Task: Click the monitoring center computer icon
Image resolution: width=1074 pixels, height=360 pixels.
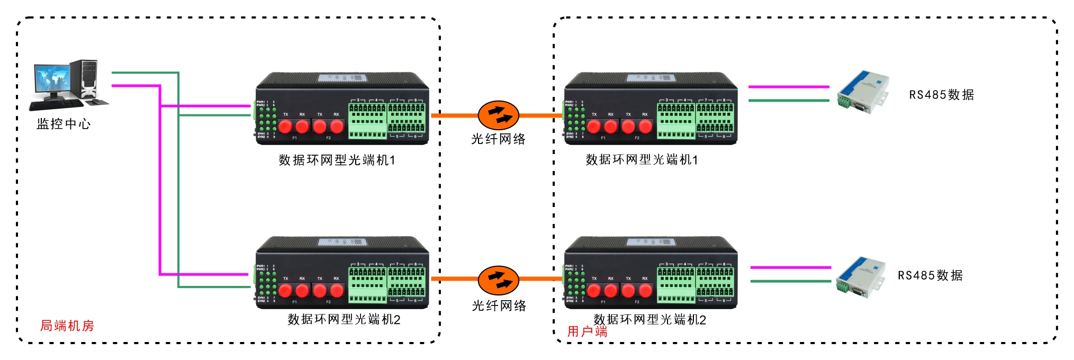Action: click(68, 85)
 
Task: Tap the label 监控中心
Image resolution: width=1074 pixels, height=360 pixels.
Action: click(64, 124)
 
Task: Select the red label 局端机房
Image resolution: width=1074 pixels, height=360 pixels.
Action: click(67, 326)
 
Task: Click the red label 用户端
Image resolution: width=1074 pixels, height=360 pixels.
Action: click(587, 332)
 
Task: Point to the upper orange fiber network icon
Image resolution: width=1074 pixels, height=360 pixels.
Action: click(498, 115)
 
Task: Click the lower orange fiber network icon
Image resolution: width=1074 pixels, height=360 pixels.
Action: click(498, 280)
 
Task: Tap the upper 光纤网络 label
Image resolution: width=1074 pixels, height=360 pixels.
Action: click(498, 139)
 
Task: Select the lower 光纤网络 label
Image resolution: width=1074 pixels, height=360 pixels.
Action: click(499, 305)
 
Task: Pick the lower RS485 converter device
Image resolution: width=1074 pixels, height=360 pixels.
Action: click(860, 276)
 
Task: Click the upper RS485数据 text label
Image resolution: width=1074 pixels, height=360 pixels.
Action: click(941, 95)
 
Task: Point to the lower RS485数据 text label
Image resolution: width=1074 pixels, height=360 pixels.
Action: click(930, 275)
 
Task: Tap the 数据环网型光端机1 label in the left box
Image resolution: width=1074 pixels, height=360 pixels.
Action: click(337, 160)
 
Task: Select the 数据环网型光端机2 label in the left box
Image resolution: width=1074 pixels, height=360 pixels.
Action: click(344, 319)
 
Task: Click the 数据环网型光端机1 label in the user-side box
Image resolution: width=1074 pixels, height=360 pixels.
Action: click(642, 160)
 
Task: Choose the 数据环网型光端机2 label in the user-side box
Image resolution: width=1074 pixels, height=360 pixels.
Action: click(649, 320)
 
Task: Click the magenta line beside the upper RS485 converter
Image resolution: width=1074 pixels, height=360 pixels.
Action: click(789, 86)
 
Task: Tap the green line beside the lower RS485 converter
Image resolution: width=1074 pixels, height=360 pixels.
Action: click(791, 281)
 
